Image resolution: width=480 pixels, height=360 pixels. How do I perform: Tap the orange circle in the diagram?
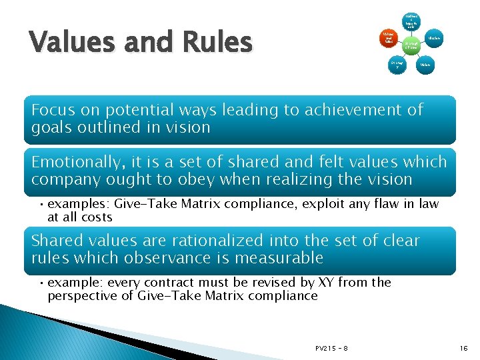pyautogui.click(x=387, y=39)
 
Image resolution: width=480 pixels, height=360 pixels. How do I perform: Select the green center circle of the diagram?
pyautogui.click(x=411, y=45)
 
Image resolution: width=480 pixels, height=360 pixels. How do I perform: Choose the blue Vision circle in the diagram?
pyautogui.click(x=425, y=65)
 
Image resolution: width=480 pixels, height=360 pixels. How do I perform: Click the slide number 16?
pyautogui.click(x=464, y=348)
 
